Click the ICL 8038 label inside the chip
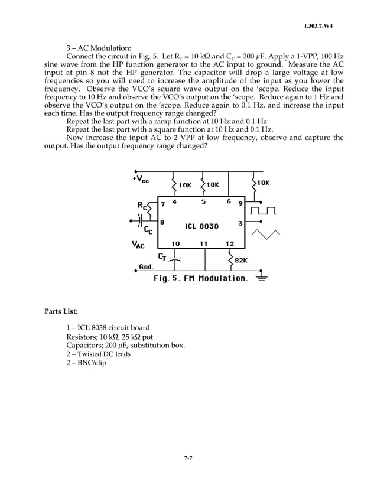tap(201, 226)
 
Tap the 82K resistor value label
tap(241, 260)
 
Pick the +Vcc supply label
tap(141, 178)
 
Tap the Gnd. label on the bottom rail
tap(146, 267)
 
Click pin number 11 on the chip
tap(203, 243)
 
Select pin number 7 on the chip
tap(162, 204)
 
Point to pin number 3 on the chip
tap(240, 223)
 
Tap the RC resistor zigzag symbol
tap(151, 209)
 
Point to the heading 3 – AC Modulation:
tap(98, 47)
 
